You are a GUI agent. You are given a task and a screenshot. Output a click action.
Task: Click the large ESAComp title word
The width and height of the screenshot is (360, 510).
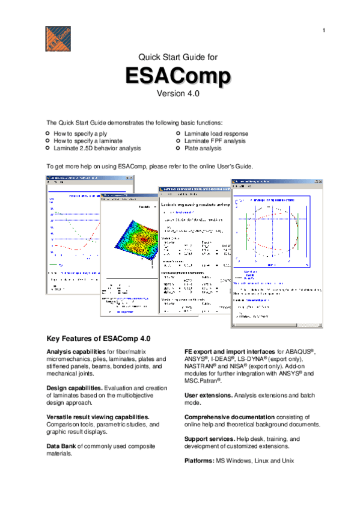pyautogui.click(x=177, y=76)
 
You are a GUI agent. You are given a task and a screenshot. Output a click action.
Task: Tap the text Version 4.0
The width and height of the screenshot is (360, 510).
pyautogui.click(x=177, y=94)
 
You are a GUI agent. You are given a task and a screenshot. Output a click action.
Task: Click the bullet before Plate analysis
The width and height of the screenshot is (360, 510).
pyautogui.click(x=178, y=147)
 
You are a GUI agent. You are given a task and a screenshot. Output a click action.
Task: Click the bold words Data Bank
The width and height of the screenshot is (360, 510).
pyautogui.click(x=62, y=446)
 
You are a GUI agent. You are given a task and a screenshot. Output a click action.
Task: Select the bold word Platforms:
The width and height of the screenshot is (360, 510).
pyautogui.click(x=200, y=461)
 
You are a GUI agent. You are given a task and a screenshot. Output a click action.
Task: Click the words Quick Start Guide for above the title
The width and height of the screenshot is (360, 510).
pyautogui.click(x=177, y=58)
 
